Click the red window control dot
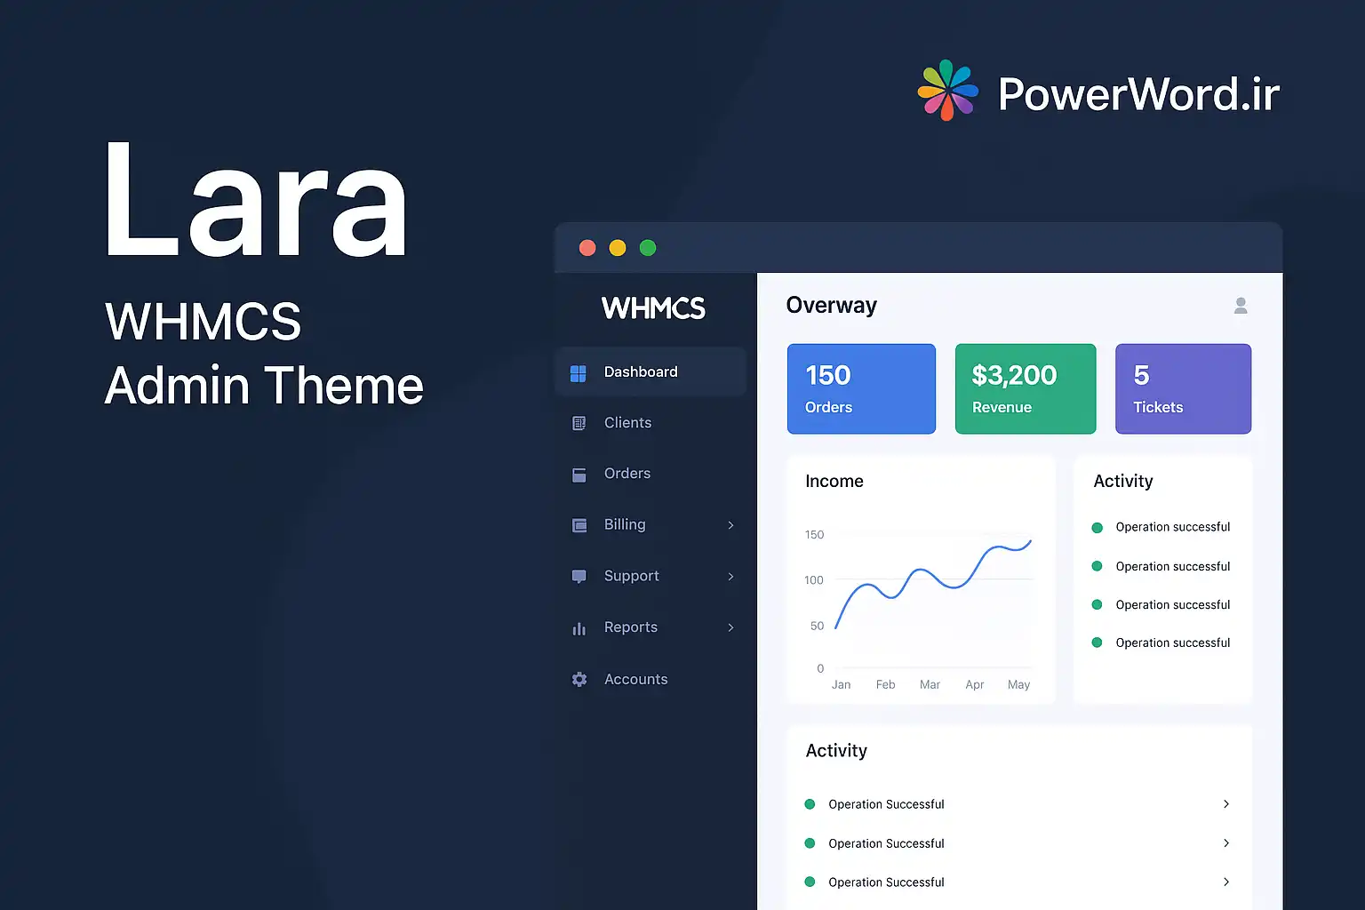pyautogui.click(x=587, y=248)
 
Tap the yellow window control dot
pyautogui.click(x=618, y=248)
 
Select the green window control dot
pyautogui.click(x=648, y=248)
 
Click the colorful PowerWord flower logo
pyautogui.click(x=947, y=91)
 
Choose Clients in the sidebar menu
pyautogui.click(x=627, y=422)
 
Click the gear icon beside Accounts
pyautogui.click(x=579, y=679)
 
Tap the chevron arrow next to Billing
pyautogui.click(x=730, y=525)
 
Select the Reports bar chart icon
pyautogui.click(x=579, y=628)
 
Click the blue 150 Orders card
pyautogui.click(x=861, y=389)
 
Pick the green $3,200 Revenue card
pyautogui.click(x=1026, y=389)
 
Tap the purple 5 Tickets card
pyautogui.click(x=1183, y=389)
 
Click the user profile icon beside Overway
pyautogui.click(x=1241, y=306)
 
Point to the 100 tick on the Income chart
pyautogui.click(x=813, y=579)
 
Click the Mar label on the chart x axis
pyautogui.click(x=930, y=684)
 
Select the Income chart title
pyautogui.click(x=834, y=481)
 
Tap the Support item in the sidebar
pyautogui.click(x=631, y=576)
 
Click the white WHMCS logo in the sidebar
pyautogui.click(x=653, y=307)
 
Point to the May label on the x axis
pyautogui.click(x=1018, y=685)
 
